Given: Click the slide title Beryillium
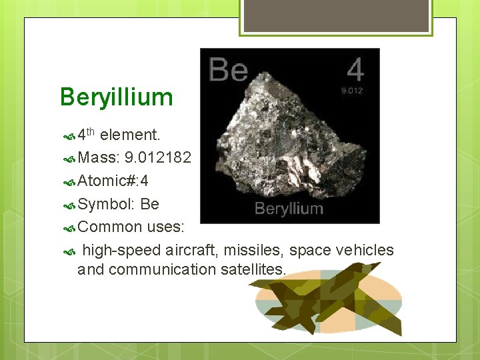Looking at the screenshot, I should click(x=116, y=97).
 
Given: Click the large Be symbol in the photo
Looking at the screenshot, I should click(x=228, y=69).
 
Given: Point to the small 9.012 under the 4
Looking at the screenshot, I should click(x=352, y=91).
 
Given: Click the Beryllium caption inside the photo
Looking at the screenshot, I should click(x=289, y=209).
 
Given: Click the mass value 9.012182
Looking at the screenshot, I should click(x=158, y=158).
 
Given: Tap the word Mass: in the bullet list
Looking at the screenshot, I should click(x=99, y=158).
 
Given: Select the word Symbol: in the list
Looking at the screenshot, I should click(x=107, y=204).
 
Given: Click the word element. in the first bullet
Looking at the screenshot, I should click(x=130, y=135).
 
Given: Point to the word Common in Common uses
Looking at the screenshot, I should click(x=110, y=227).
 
